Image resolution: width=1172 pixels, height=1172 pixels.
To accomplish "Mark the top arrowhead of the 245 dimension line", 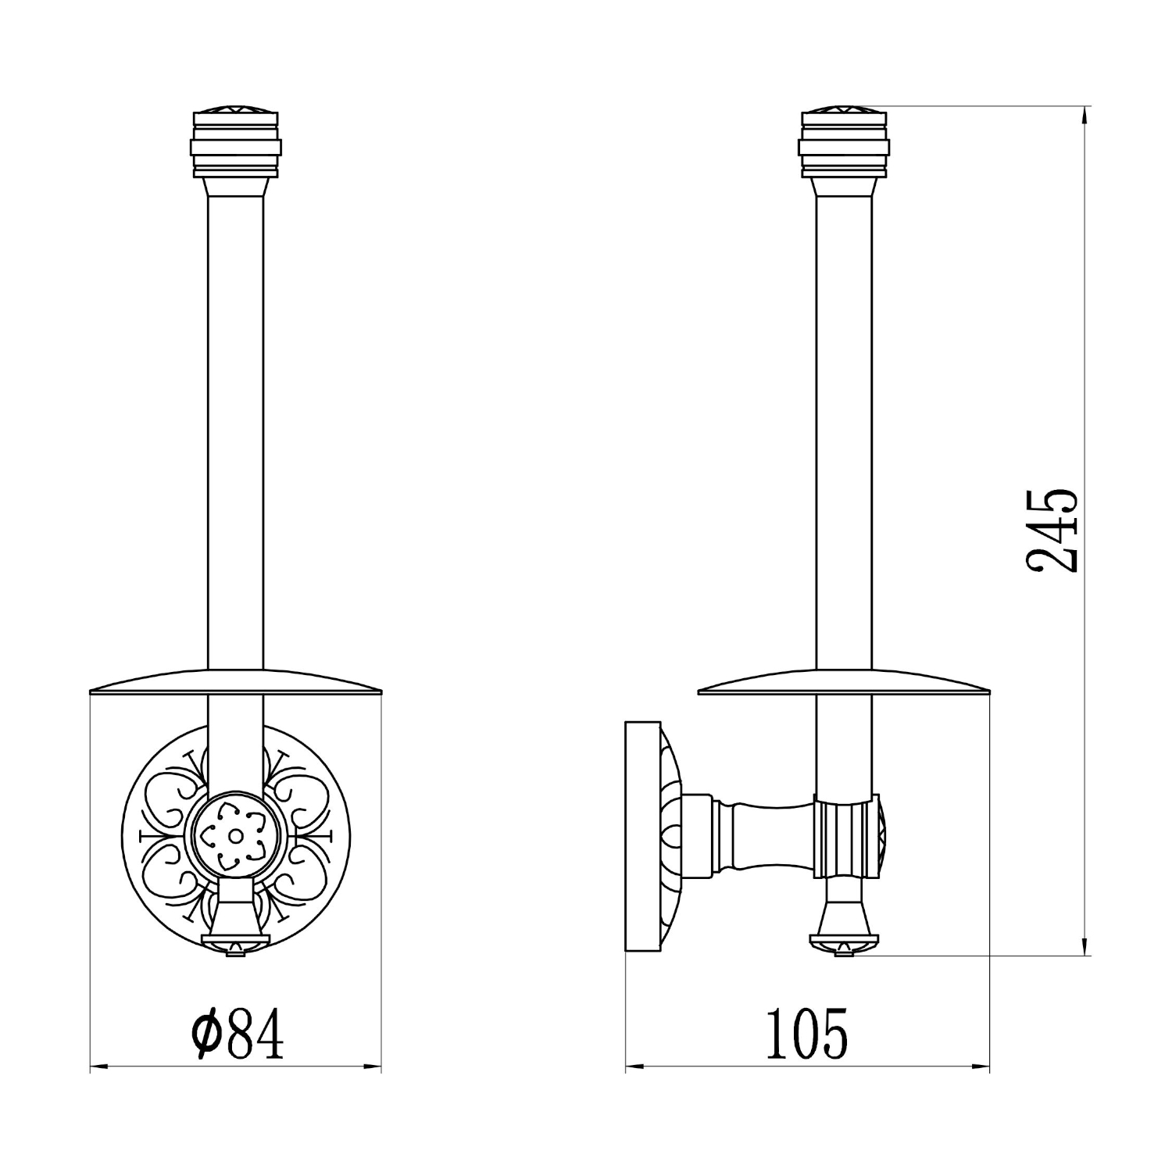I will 1085,116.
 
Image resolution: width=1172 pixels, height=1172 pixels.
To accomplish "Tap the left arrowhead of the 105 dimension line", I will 634,1067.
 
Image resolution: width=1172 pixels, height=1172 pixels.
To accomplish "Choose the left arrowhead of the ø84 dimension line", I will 98,1067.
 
